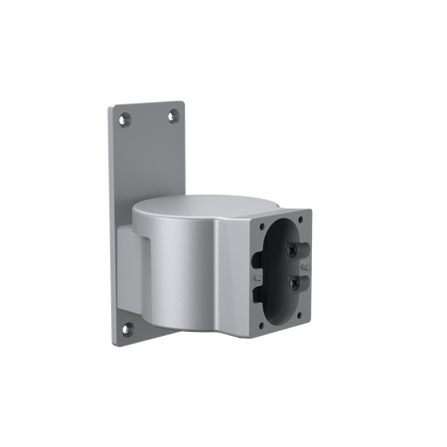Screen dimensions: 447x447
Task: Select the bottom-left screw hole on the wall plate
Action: pos(125,328)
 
